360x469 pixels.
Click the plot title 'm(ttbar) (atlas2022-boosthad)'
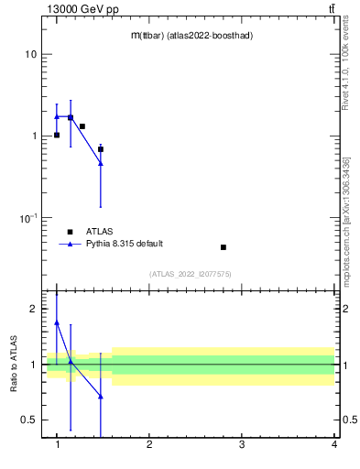(x=191, y=36)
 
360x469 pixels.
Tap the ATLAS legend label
(x=100, y=231)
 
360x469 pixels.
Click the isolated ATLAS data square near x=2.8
(x=224, y=247)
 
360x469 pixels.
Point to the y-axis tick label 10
(x=31, y=55)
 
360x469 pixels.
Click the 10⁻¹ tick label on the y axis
(x=27, y=218)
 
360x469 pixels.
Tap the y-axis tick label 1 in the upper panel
(x=34, y=136)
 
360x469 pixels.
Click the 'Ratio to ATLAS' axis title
(x=14, y=364)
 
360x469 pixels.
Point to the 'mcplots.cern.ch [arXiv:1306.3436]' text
(x=345, y=197)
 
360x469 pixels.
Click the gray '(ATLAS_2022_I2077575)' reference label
(x=191, y=273)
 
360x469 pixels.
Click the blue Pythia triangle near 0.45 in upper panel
(x=101, y=163)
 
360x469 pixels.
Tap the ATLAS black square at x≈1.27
(x=82, y=126)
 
